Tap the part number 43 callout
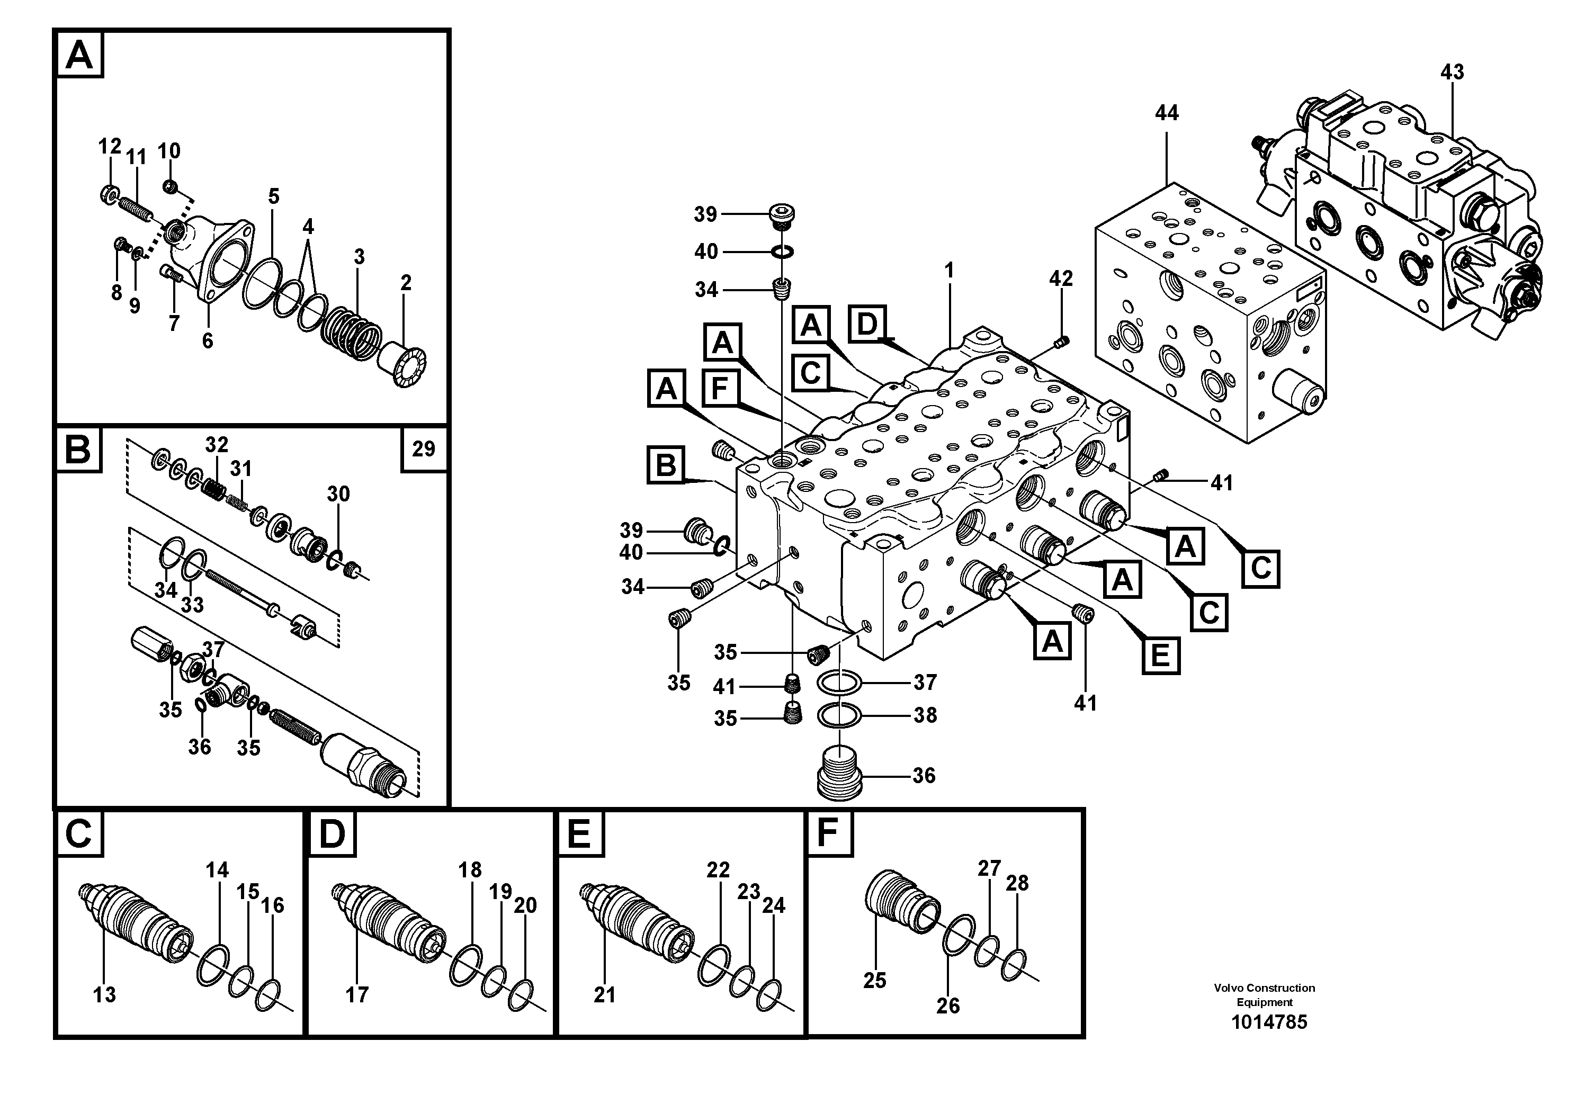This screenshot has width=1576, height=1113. click(x=1452, y=72)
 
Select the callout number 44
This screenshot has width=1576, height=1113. click(x=1166, y=113)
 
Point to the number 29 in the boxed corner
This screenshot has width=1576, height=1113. click(x=424, y=449)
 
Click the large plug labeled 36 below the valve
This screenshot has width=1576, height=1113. click(x=839, y=775)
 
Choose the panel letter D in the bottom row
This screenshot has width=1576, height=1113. click(x=332, y=834)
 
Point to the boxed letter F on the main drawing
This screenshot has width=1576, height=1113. click(x=719, y=389)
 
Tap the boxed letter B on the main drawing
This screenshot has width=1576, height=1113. click(x=666, y=465)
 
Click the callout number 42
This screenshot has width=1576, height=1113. click(x=1061, y=279)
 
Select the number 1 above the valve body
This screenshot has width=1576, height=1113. click(x=950, y=271)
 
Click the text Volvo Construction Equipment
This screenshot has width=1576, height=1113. click(x=1265, y=995)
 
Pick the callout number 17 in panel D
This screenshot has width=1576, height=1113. click(x=357, y=994)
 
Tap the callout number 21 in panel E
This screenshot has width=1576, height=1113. click(x=604, y=994)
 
